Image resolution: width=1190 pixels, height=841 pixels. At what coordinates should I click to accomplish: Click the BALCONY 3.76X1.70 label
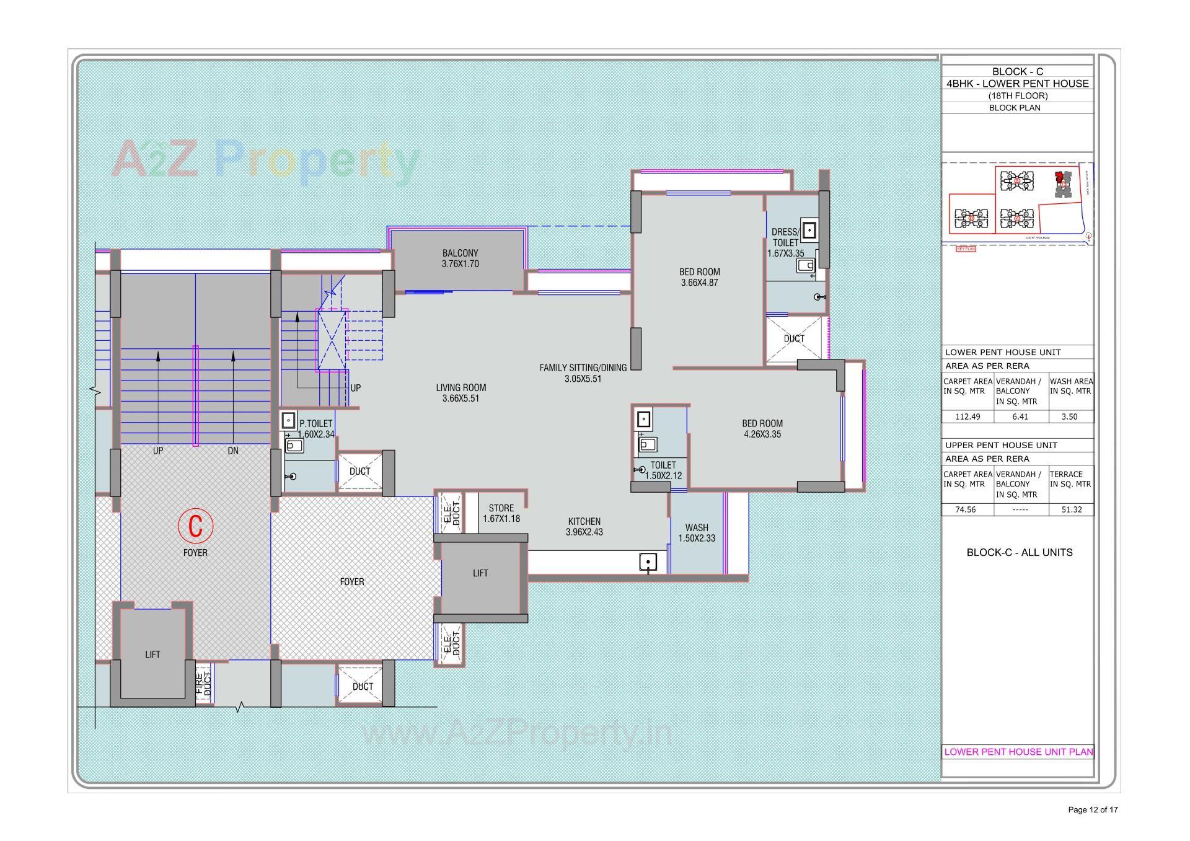460,258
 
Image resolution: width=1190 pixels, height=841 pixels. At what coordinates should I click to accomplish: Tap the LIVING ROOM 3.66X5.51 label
461,393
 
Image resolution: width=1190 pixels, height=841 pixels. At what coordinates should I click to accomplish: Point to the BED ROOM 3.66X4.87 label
699,277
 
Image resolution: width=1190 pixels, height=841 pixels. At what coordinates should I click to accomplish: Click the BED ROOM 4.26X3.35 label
762,429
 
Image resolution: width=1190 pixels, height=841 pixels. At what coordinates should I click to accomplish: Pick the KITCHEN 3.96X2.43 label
584,527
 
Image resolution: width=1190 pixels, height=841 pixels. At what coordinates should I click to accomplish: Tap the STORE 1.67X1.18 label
501,513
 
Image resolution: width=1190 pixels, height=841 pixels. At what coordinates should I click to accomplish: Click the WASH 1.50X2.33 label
697,533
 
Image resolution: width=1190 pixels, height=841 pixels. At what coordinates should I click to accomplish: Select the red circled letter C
195,526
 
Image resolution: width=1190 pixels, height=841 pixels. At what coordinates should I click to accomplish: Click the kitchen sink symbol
648,563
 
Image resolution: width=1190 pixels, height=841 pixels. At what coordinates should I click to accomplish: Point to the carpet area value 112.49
967,416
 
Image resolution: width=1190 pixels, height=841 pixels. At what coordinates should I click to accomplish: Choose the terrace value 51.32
1069,509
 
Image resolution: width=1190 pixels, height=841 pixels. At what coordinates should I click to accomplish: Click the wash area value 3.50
1069,416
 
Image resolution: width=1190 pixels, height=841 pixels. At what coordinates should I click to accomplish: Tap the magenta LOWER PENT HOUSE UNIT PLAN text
1018,752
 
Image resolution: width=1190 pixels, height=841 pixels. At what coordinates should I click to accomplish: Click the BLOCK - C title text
1017,72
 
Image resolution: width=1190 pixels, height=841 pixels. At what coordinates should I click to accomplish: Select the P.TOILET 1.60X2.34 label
315,429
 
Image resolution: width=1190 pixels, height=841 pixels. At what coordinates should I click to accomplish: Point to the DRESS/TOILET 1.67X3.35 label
785,242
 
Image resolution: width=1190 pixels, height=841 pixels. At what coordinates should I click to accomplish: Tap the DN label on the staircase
233,451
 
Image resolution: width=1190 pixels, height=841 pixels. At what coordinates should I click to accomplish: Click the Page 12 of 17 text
1093,809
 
